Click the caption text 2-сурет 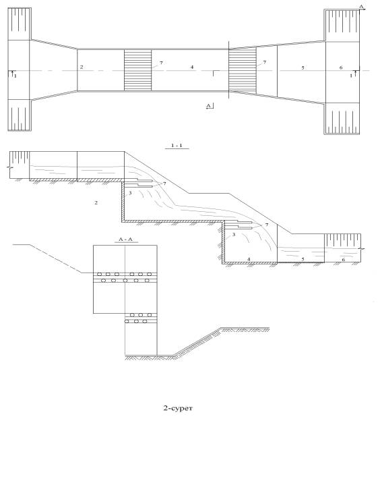[178, 408]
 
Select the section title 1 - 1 [177, 146]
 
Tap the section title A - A [125, 240]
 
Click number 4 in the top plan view [192, 67]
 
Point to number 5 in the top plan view [303, 68]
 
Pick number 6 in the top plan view [341, 67]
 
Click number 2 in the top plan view [82, 67]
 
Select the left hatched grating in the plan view [137, 70]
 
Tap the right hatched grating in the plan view [243, 70]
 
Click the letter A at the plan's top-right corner [361, 6]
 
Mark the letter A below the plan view [208, 105]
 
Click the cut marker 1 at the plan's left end [15, 76]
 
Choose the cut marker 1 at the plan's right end [351, 76]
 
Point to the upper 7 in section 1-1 [164, 184]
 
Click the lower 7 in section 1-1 [267, 225]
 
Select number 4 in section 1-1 [249, 259]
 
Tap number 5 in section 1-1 [303, 259]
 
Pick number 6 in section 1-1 [344, 260]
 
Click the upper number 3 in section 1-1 [130, 193]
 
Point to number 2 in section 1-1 [96, 202]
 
